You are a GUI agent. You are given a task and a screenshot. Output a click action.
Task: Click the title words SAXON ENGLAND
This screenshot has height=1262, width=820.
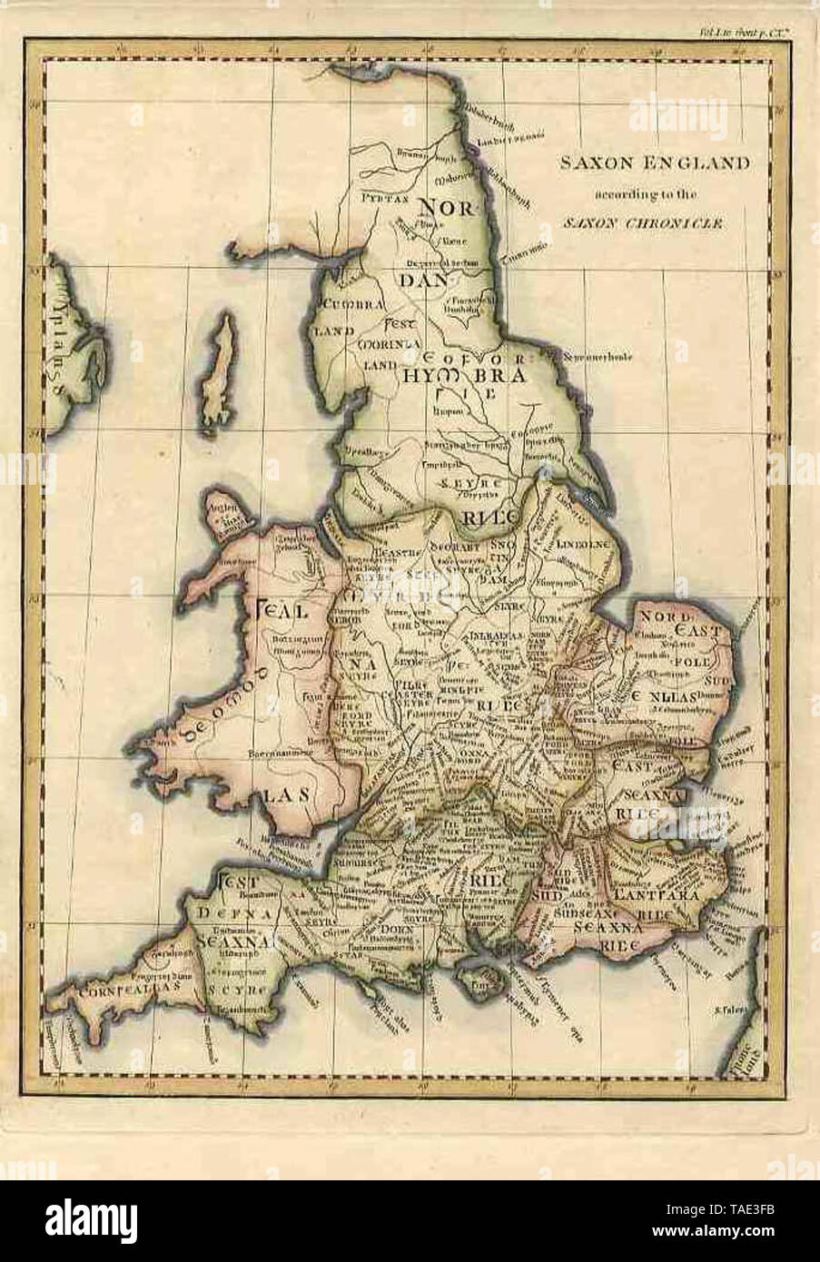[x=654, y=164]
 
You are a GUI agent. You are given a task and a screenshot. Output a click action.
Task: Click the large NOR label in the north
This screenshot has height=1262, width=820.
[x=445, y=207]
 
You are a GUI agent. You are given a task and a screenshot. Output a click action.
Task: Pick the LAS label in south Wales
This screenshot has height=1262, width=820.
[x=287, y=794]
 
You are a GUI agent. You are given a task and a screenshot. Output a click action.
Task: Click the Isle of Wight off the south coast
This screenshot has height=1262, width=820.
[x=490, y=981]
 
